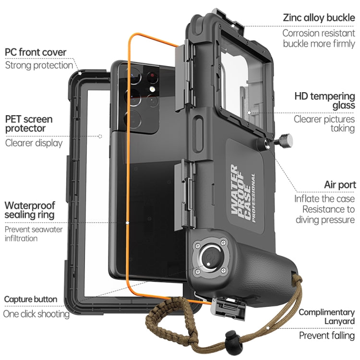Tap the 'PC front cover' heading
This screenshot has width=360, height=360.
36,52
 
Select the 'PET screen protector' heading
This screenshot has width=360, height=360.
29,123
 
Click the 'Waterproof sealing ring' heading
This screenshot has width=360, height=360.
29,210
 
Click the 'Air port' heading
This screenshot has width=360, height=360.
339,184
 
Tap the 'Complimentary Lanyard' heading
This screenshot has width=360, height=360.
327,316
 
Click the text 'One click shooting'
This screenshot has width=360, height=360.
36,314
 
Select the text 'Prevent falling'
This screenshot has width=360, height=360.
327,335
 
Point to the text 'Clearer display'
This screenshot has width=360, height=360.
34,143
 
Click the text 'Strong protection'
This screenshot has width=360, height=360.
39,65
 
